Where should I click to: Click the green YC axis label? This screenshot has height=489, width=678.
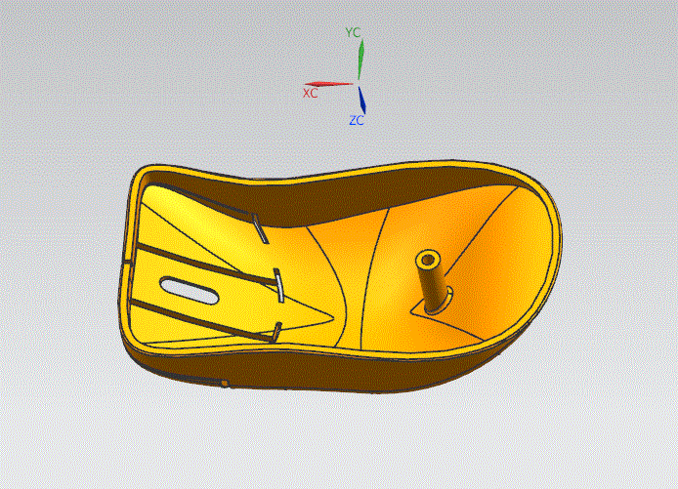tap(353, 32)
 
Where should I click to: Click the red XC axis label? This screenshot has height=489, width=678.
tap(310, 94)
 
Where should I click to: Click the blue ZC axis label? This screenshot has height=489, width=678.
tap(357, 120)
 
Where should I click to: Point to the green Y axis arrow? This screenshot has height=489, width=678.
tap(360, 60)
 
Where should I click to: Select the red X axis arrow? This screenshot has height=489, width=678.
tap(328, 84)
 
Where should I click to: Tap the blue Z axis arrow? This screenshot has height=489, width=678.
tap(361, 100)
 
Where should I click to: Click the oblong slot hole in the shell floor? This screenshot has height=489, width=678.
tap(189, 290)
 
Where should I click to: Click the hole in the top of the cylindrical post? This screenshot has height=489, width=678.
tap(428, 260)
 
